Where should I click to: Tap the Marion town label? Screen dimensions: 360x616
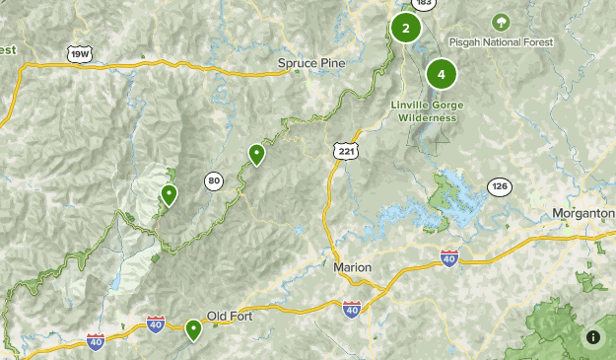pyautogui.click(x=352, y=268)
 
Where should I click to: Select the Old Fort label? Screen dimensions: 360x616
pyautogui.click(x=232, y=316)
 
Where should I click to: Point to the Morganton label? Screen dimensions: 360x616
pyautogui.click(x=583, y=214)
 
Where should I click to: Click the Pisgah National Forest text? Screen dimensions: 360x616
pyautogui.click(x=501, y=42)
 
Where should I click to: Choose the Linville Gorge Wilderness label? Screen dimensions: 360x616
pyautogui.click(x=428, y=111)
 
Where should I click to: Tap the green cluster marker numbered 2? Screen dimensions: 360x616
pyautogui.click(x=405, y=28)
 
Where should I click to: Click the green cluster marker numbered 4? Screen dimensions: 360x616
pyautogui.click(x=442, y=73)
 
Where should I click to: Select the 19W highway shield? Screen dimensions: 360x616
pyautogui.click(x=80, y=55)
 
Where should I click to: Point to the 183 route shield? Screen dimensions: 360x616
pyautogui.click(x=424, y=4)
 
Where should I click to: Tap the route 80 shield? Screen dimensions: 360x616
pyautogui.click(x=214, y=180)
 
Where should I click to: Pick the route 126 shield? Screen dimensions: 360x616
pyautogui.click(x=500, y=186)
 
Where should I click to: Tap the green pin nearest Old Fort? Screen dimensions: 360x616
pyautogui.click(x=193, y=329)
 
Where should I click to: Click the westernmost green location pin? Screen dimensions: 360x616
pyautogui.click(x=170, y=194)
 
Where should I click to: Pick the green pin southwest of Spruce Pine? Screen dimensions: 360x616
pyautogui.click(x=256, y=153)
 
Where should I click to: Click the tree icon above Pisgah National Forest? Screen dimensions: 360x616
pyautogui.click(x=501, y=21)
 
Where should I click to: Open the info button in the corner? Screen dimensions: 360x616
pyautogui.click(x=592, y=337)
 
